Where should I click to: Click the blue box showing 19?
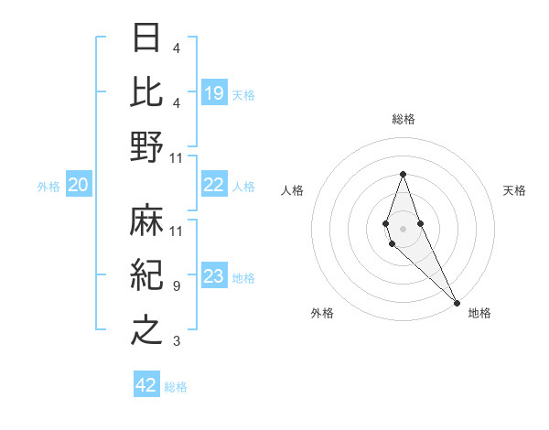coord(214,92)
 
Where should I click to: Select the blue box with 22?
coord(214,186)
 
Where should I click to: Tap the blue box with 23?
coord(214,277)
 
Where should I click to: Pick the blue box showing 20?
coord(78,186)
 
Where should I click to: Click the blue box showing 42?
coord(146,385)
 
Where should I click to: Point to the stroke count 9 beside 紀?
coord(177,286)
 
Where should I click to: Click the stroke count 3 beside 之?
coord(177,341)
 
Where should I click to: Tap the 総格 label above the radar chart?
coord(404,119)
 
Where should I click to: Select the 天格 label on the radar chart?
coord(514,190)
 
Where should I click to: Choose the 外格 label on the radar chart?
coord(322,313)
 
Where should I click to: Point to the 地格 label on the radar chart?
coord(479,313)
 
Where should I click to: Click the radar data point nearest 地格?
coord(457,302)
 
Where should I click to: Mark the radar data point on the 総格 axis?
coord(403,174)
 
